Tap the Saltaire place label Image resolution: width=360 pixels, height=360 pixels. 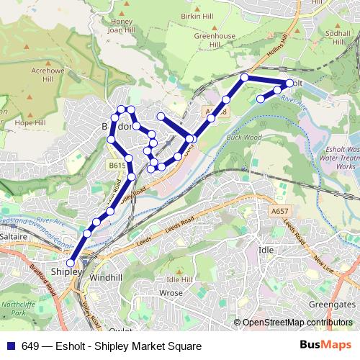(x=14, y=235)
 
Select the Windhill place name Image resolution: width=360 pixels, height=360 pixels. (x=107, y=277)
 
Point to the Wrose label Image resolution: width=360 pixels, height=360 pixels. (x=171, y=293)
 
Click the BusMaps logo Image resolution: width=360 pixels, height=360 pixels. (x=325, y=346)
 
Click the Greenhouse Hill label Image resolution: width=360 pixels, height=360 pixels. (x=215, y=37)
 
